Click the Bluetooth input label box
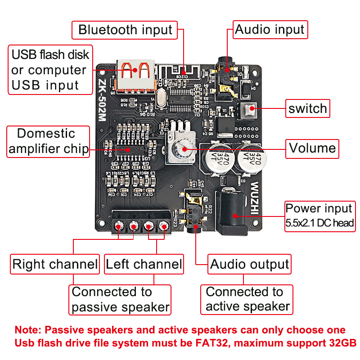pyautogui.click(x=125, y=30)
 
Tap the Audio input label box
pyautogui.click(x=270, y=30)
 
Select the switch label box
pyautogui.click(x=308, y=108)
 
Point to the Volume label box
pyautogui.click(x=312, y=148)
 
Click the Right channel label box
pyautogui.click(x=55, y=264)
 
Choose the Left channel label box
pyautogui.click(x=144, y=264)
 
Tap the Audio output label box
pyautogui.click(x=249, y=264)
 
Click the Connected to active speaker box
pyautogui.click(x=247, y=299)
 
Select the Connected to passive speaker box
pyautogui.click(x=120, y=300)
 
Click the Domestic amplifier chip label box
pyautogui.click(x=48, y=141)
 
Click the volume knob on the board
pyautogui.click(x=183, y=148)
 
